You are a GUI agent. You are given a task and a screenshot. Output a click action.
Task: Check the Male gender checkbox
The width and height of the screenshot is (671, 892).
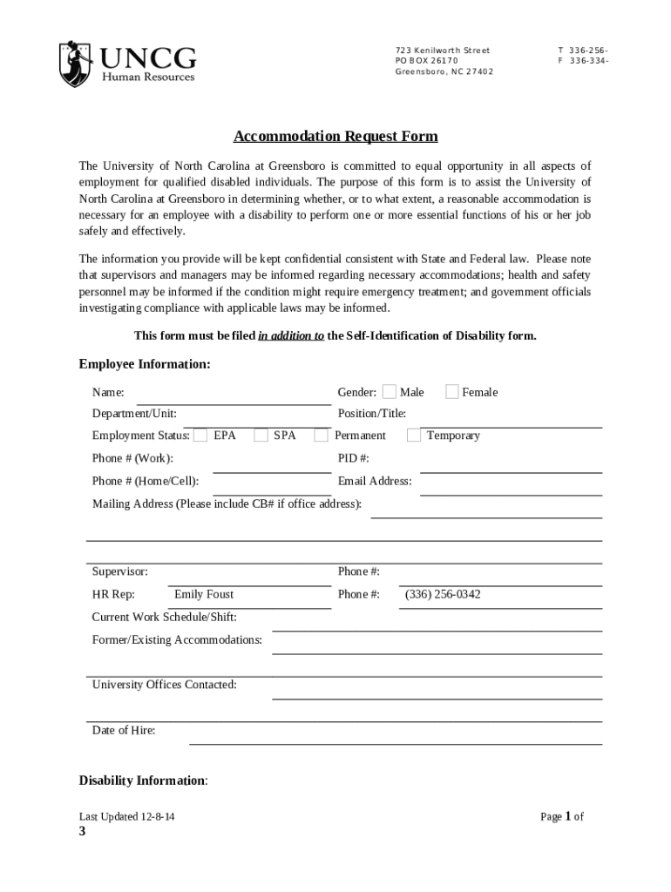click(x=390, y=392)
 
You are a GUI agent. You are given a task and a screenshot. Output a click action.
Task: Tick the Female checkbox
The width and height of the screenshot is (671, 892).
click(x=452, y=392)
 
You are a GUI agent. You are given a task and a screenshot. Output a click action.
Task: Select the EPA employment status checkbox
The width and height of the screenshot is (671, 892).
click(x=200, y=435)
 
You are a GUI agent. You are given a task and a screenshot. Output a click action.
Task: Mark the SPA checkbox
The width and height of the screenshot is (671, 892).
click(x=261, y=435)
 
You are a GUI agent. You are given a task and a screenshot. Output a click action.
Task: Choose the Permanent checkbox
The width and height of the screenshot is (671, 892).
click(x=322, y=435)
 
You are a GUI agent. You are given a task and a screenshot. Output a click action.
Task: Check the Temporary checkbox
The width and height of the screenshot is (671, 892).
click(x=414, y=435)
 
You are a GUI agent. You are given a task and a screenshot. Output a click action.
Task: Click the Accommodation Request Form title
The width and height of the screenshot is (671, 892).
click(x=335, y=137)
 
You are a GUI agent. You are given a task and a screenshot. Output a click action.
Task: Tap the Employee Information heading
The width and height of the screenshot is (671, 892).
click(x=145, y=364)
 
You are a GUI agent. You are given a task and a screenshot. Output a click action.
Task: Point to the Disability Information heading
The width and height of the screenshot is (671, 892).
click(x=143, y=780)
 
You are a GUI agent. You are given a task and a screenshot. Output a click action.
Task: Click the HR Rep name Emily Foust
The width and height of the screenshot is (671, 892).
click(x=204, y=594)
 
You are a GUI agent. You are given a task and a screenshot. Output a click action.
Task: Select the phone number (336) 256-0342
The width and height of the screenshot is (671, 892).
click(x=443, y=594)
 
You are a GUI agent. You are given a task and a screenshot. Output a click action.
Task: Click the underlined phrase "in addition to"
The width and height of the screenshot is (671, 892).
click(x=291, y=335)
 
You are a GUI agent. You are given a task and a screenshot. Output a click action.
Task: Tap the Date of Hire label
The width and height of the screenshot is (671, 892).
click(x=124, y=730)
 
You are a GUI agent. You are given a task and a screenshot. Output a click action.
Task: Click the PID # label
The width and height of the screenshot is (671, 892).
click(x=354, y=457)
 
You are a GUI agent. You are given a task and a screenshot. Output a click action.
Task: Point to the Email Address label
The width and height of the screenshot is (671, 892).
click(x=375, y=481)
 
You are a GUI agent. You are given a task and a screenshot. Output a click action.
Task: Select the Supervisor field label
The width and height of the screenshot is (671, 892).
click(x=120, y=571)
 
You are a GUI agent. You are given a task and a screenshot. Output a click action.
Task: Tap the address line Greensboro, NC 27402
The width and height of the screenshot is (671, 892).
click(x=444, y=71)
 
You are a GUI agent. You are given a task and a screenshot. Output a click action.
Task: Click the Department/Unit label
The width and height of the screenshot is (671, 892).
click(x=134, y=414)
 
